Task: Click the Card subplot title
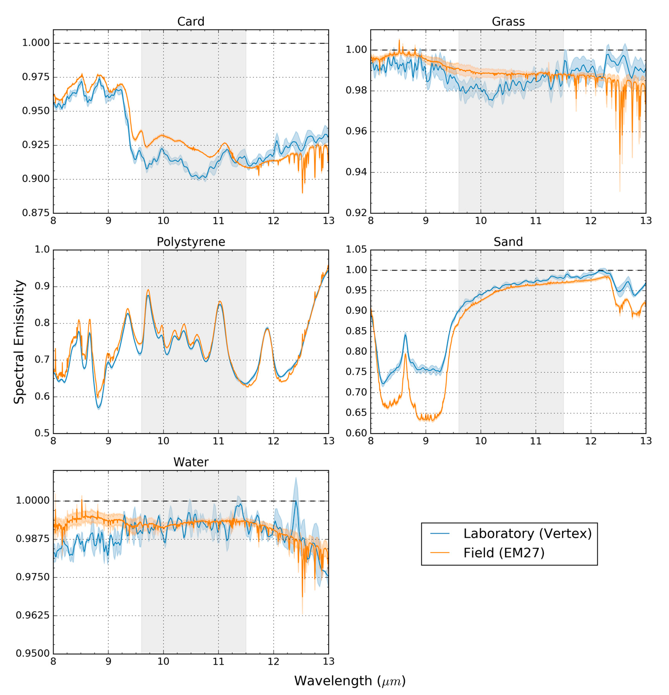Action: (191, 22)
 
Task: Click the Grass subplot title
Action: (508, 22)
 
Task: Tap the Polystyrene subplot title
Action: (191, 242)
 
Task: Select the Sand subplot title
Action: (508, 242)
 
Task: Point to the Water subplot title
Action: (191, 462)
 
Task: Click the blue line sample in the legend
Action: (440, 533)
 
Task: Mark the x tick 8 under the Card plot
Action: (53, 221)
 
